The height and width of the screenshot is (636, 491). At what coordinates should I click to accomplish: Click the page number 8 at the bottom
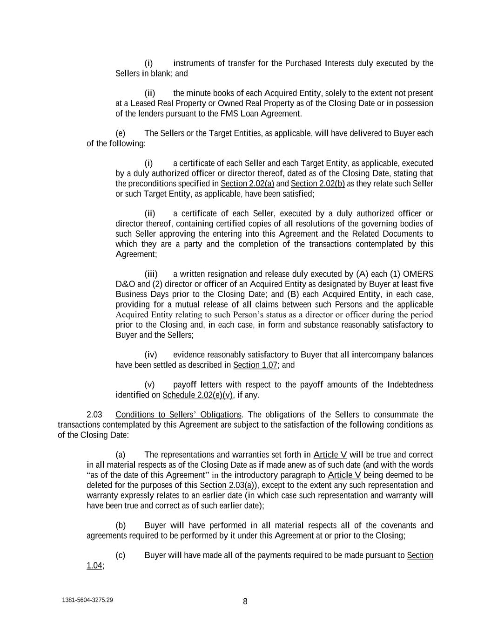tap(245, 602)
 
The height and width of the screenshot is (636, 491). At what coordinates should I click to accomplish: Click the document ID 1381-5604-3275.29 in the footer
tap(87, 600)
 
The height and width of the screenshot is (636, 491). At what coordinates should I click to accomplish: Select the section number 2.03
tap(94, 415)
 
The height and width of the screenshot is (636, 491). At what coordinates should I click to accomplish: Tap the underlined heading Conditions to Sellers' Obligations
tap(178, 415)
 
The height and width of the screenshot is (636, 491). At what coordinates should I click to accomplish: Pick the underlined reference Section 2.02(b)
tap(317, 184)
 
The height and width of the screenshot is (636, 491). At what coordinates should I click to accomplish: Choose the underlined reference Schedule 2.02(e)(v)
tap(198, 395)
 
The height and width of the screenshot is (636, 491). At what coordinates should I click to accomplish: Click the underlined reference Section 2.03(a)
tap(227, 485)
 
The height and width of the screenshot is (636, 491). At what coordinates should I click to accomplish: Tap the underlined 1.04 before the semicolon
tap(94, 566)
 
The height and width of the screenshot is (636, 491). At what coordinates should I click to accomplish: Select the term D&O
tap(125, 284)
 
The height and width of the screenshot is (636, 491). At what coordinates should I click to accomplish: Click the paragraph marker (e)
tap(121, 133)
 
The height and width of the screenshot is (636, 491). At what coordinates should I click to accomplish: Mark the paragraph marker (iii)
tap(151, 274)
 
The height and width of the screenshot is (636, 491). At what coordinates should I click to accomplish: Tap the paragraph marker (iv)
tap(150, 355)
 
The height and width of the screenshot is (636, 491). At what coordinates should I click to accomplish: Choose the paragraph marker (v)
tap(149, 385)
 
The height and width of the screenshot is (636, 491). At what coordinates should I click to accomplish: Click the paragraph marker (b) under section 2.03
tap(121, 526)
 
